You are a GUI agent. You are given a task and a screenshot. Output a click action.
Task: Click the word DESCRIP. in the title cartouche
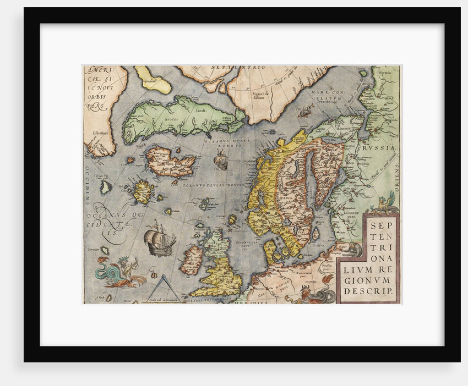368,290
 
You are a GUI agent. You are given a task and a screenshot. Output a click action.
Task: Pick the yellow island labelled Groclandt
153,81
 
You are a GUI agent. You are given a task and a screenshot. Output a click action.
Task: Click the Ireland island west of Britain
192,260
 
